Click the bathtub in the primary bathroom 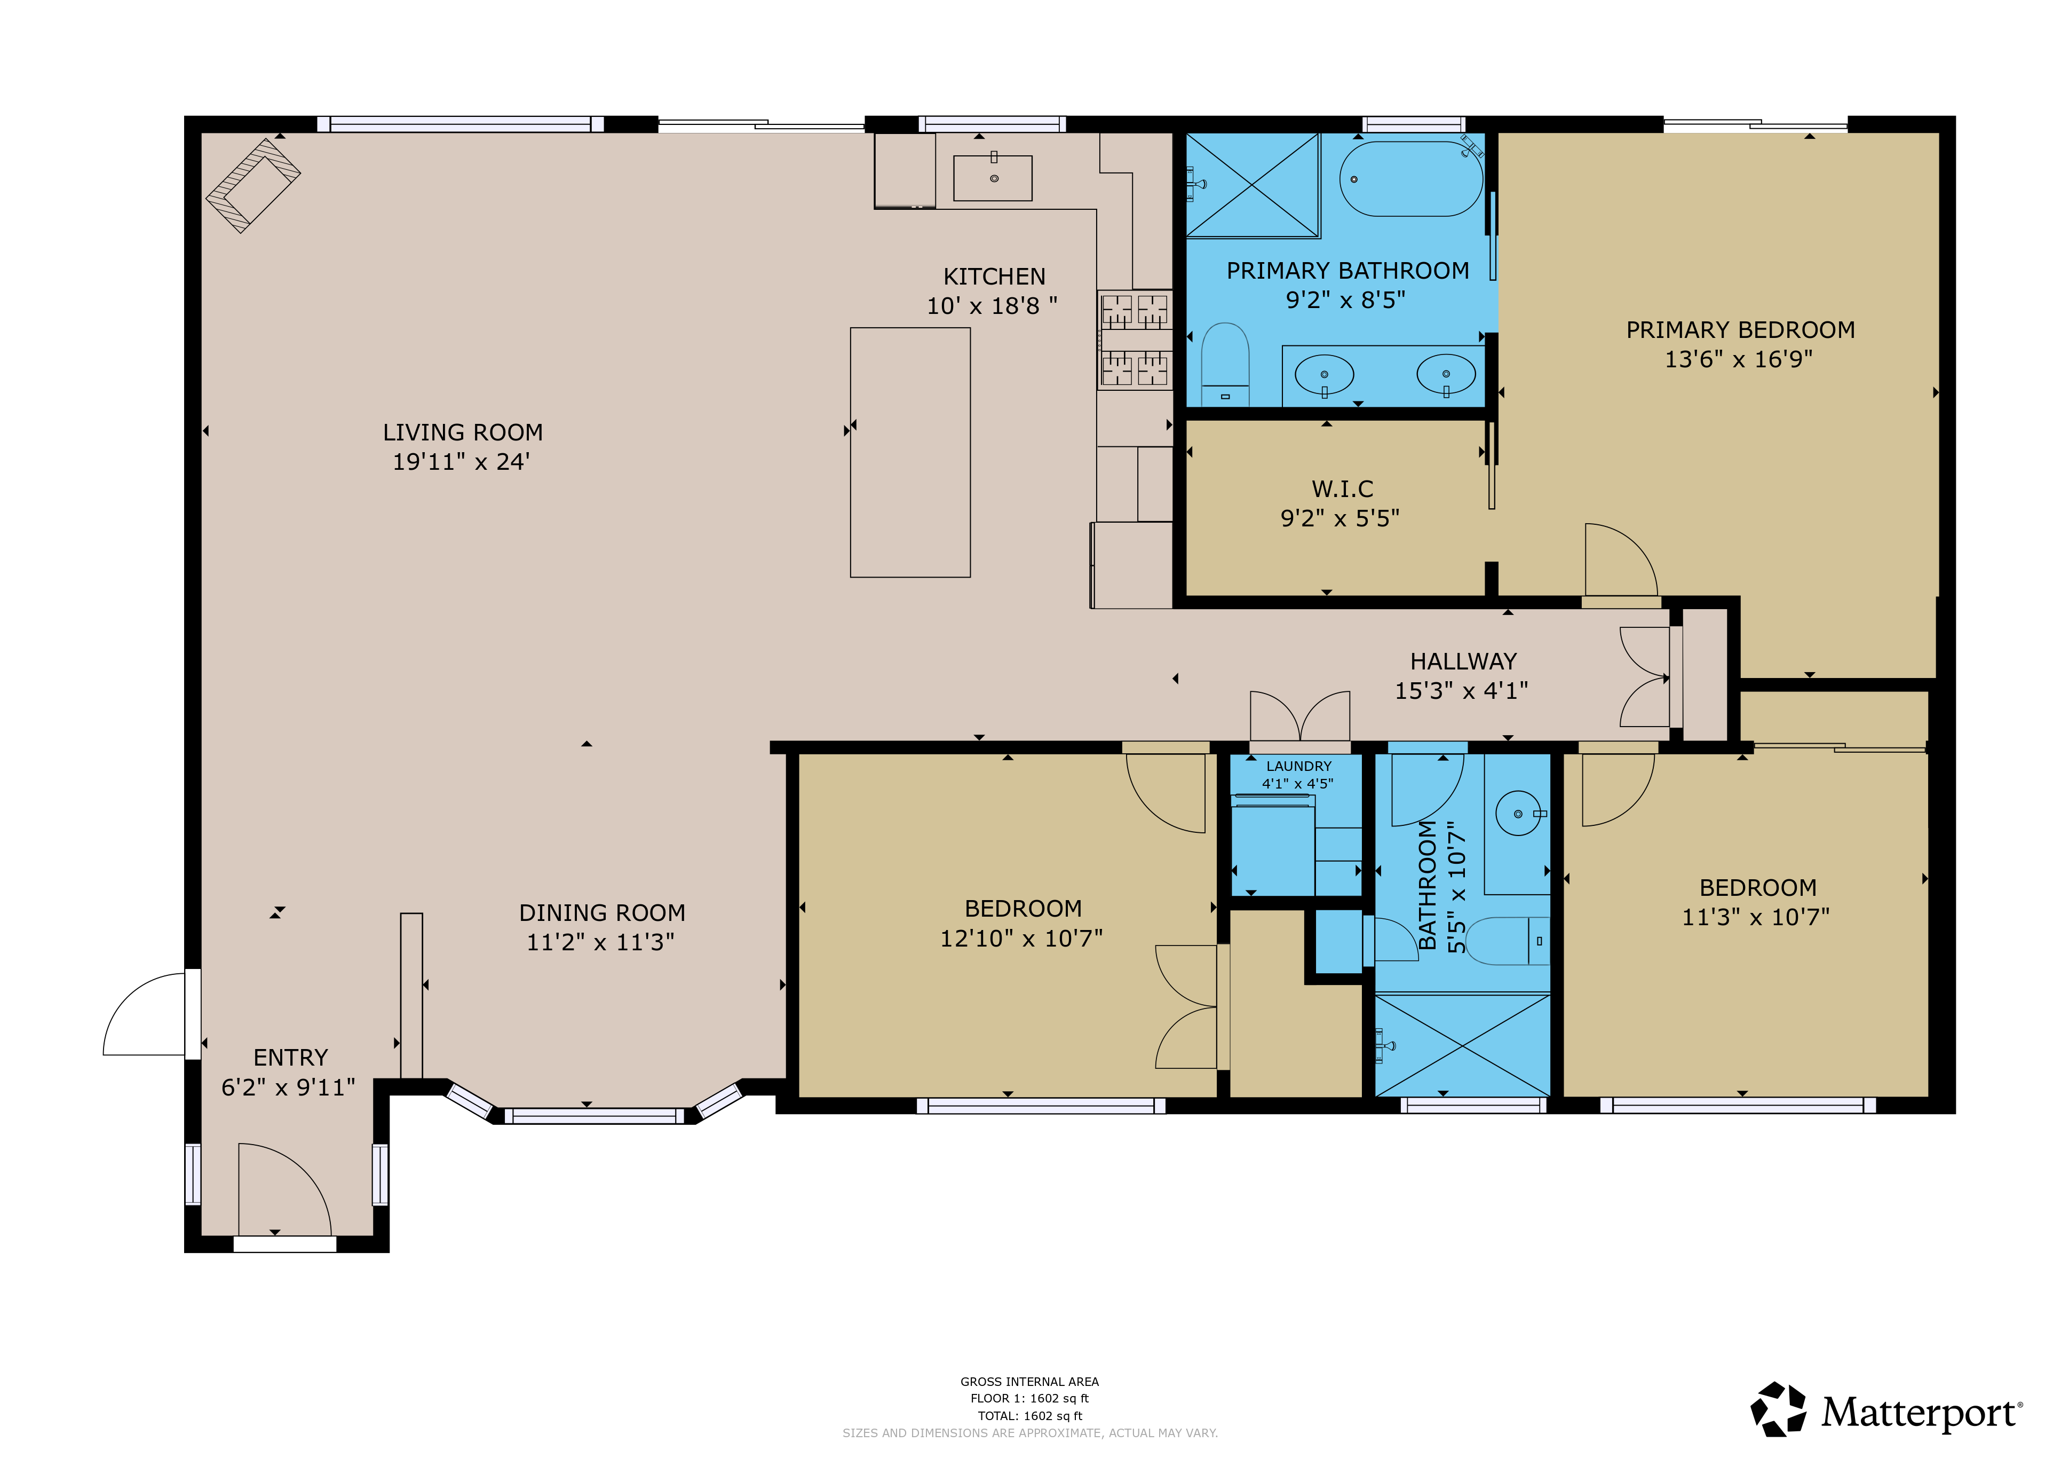click(1410, 179)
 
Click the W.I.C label click(1342, 489)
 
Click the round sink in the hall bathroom click(1518, 814)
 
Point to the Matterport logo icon click(1778, 1409)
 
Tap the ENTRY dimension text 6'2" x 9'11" click(288, 1087)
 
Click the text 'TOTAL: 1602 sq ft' click(1029, 1416)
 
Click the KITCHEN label click(994, 277)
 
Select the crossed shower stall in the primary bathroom click(1252, 185)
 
